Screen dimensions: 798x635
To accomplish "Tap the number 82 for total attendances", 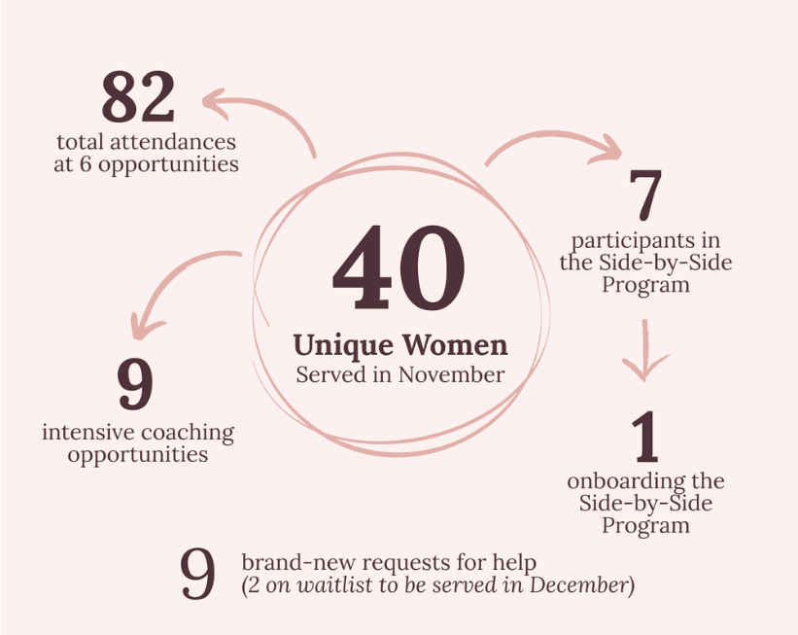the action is pos(138,97).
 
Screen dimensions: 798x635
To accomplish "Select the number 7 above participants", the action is pos(645,195).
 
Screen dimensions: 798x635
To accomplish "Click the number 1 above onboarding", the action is pos(644,439).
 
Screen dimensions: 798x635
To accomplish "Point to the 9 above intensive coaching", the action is pos(135,384).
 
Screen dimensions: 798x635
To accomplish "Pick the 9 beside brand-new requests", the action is pos(198,575).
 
